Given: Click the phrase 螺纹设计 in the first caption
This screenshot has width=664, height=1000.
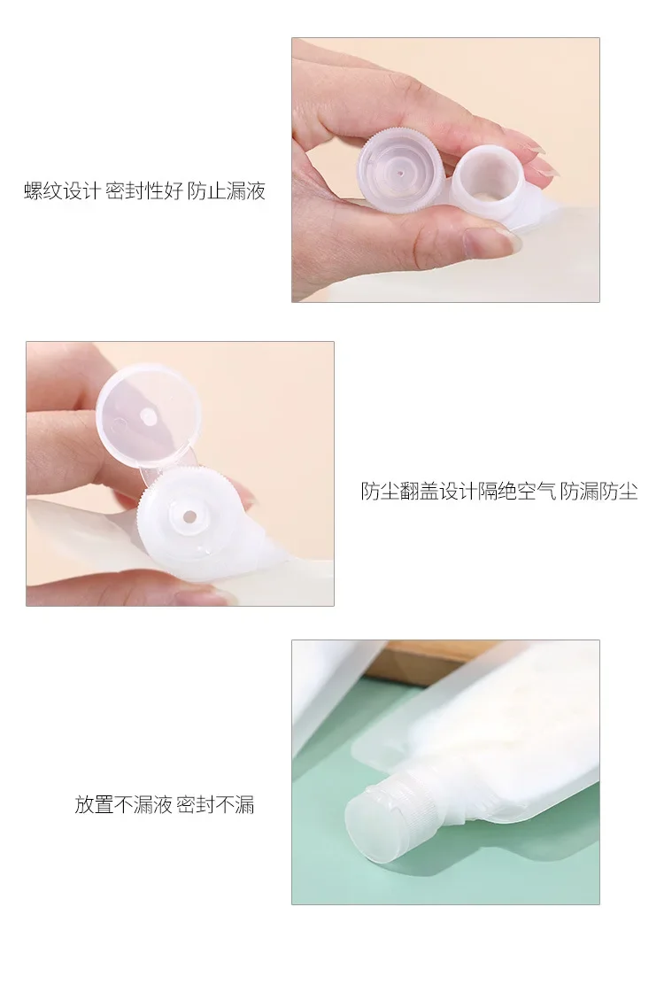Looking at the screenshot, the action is tap(63, 190).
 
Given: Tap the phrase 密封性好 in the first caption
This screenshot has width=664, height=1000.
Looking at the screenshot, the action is tap(144, 190).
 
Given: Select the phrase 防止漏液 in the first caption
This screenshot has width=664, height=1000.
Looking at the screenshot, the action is tap(227, 190).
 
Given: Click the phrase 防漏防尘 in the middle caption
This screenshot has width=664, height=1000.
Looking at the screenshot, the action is tap(599, 491).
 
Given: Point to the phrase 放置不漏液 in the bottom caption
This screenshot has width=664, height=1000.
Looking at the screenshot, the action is tap(123, 804).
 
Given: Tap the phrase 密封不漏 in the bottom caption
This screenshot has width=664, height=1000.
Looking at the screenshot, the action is tap(215, 804).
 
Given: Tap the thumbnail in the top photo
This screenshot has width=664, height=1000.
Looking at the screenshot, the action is tap(490, 241).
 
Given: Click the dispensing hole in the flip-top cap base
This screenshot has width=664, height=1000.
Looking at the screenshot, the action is tap(189, 516).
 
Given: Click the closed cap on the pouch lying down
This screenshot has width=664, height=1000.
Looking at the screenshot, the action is tap(370, 817).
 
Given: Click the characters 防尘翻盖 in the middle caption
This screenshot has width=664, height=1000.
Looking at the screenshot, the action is tap(400, 491).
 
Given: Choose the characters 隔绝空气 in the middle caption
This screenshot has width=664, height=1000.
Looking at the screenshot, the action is tap(517, 491).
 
